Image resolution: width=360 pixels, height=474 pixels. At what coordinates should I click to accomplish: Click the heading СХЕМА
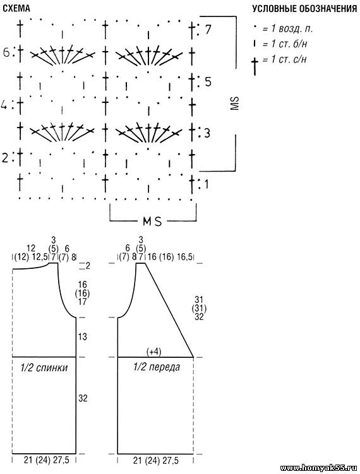click(16, 8)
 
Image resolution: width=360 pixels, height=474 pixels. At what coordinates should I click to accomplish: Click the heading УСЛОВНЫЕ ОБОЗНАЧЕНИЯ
click(304, 9)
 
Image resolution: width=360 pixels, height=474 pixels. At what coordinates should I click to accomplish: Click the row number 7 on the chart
click(208, 30)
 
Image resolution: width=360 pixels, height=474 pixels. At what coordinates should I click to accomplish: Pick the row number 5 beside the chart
click(208, 82)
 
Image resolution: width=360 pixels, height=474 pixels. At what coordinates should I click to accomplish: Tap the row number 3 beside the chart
click(207, 133)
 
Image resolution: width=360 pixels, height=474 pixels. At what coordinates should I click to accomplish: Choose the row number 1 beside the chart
click(207, 184)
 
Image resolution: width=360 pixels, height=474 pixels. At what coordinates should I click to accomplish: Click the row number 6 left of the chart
click(7, 52)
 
